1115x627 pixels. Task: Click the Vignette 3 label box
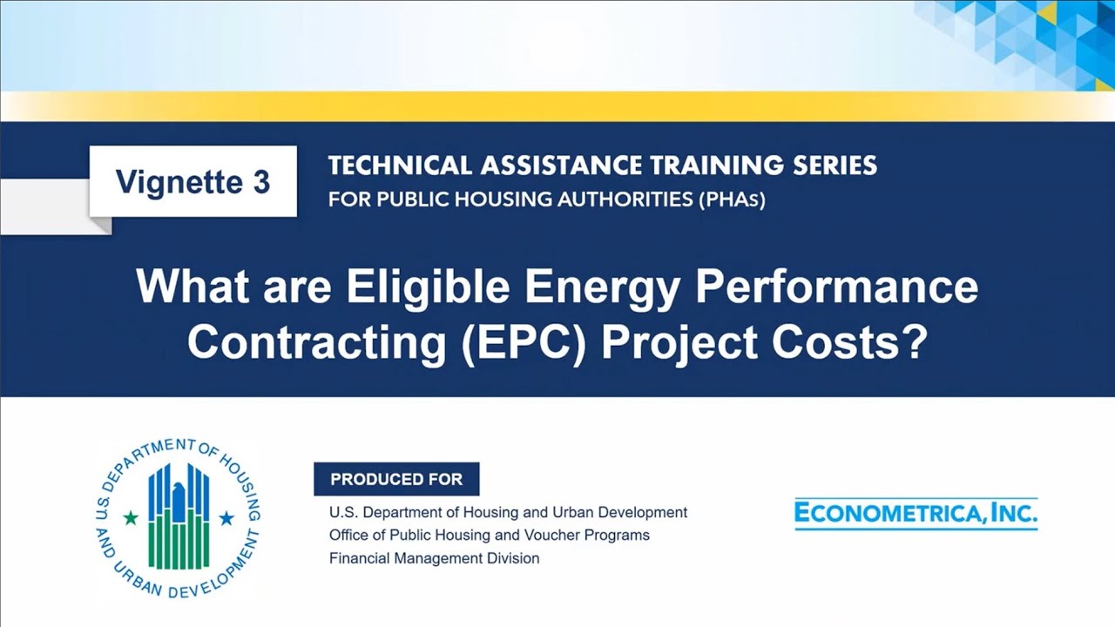(x=193, y=182)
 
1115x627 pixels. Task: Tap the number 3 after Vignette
(x=260, y=183)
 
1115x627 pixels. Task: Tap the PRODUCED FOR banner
(x=396, y=479)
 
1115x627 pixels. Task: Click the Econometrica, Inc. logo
(x=916, y=514)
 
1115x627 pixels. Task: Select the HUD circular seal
(x=178, y=517)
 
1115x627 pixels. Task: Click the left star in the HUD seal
(x=131, y=518)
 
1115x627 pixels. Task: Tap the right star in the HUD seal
(x=226, y=518)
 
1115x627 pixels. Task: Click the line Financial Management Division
(x=434, y=558)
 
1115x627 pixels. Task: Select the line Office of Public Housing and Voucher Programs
(x=489, y=535)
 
